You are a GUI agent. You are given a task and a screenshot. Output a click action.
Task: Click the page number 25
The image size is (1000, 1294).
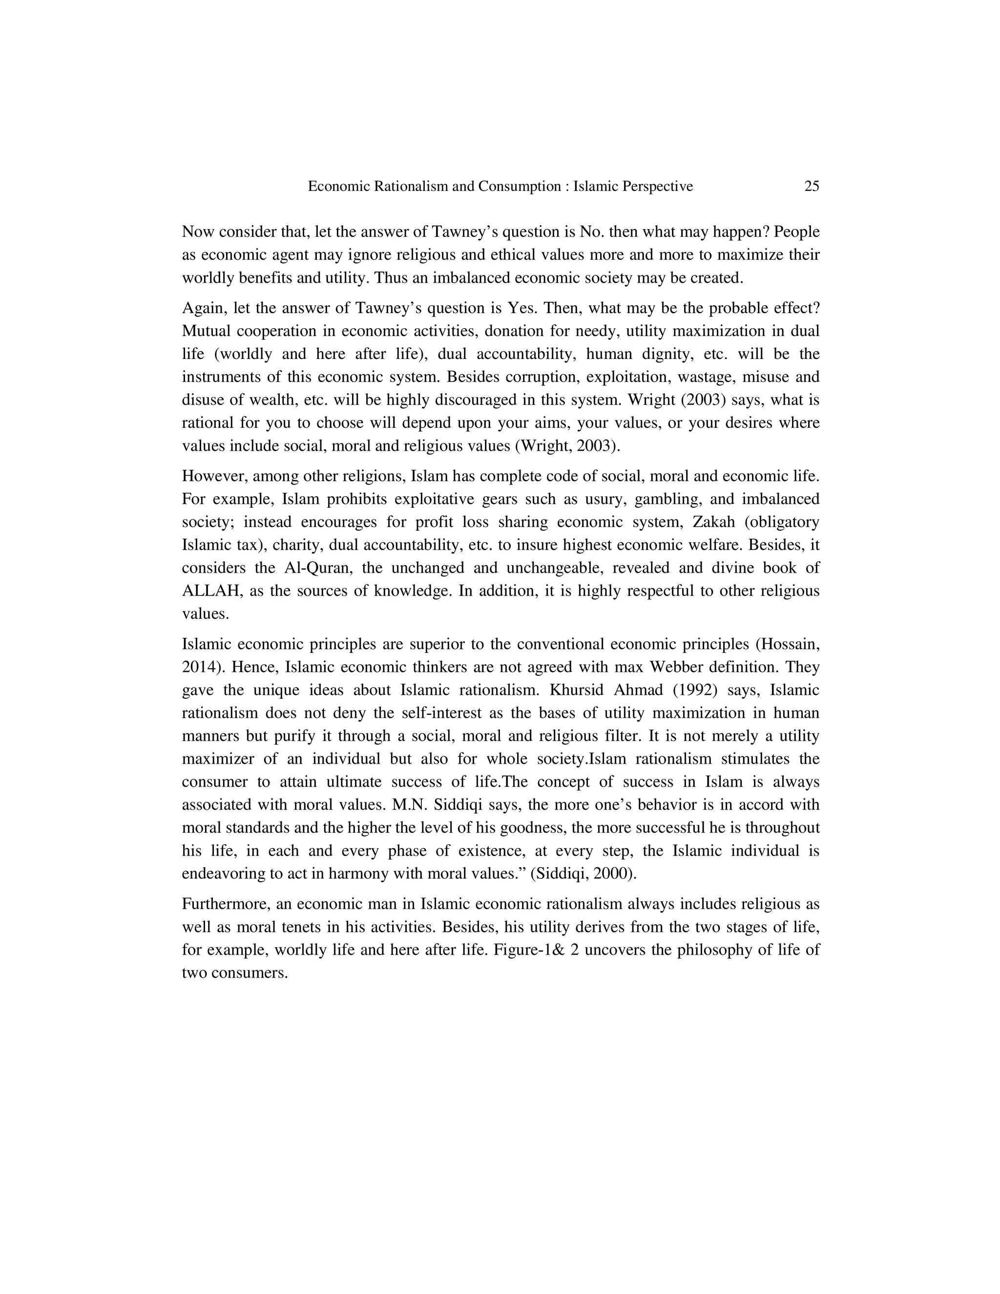[812, 187]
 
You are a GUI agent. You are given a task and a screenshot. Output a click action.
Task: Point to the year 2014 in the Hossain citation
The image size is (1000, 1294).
[198, 667]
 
